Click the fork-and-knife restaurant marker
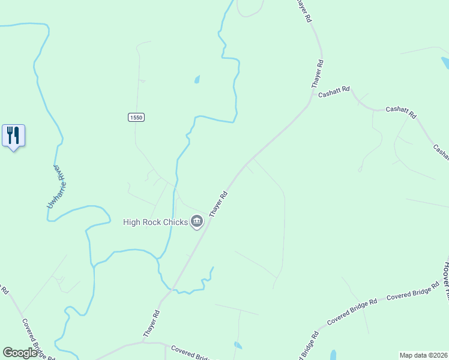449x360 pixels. point(13,136)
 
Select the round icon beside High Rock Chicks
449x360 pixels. point(197,223)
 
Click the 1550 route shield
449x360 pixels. point(136,118)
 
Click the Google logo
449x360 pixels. point(20,353)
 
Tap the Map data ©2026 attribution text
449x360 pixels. point(424,355)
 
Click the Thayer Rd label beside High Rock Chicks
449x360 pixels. point(218,204)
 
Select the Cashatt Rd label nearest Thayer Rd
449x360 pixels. point(334,92)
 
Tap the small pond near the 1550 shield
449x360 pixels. point(197,79)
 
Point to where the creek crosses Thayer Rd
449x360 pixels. point(174,289)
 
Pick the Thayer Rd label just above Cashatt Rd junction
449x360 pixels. point(317,74)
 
